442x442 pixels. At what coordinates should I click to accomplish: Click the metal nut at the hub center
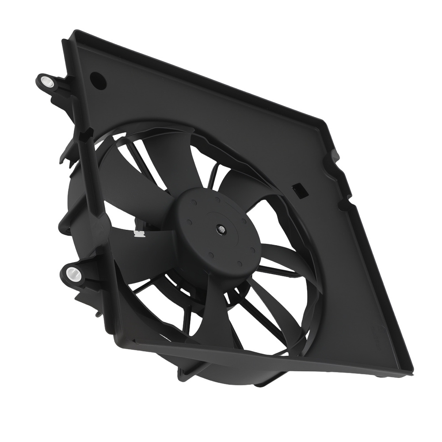(x=220, y=229)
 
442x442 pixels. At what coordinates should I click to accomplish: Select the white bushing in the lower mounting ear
(x=71, y=274)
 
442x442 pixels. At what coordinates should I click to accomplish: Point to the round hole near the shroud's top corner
(x=98, y=80)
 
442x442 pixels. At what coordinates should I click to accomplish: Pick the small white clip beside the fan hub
(x=139, y=233)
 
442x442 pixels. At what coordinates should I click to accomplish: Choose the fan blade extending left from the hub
(x=137, y=248)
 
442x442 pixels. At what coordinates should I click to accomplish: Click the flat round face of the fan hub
(x=208, y=221)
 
